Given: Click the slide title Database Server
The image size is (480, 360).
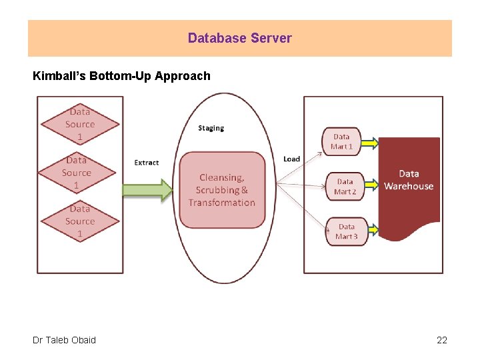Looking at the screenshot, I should tap(239, 38).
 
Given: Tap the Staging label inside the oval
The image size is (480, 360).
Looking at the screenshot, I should tap(211, 128).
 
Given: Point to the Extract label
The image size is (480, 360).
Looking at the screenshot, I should tap(147, 163).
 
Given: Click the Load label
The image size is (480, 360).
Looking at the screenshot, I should tap(291, 159).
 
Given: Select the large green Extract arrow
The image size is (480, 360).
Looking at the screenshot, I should tap(147, 190).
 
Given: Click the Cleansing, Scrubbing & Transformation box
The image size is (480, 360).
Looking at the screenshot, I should tap(222, 190).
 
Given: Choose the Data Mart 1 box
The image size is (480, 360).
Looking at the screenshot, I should tap(341, 141).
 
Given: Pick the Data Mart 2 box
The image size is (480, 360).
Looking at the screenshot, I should tap(345, 187).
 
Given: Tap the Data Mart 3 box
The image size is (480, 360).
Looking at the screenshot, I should tap(346, 231).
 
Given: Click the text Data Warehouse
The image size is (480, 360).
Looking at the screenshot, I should tap(408, 180).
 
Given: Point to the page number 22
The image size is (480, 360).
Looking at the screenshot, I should tap(441, 340).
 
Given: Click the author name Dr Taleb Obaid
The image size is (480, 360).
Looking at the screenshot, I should tap(64, 340).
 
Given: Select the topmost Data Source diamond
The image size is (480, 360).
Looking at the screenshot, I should tap(80, 124).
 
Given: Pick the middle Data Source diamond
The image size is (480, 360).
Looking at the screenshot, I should tap(77, 173).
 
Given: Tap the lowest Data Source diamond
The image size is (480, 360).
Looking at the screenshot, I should tap(80, 221).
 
